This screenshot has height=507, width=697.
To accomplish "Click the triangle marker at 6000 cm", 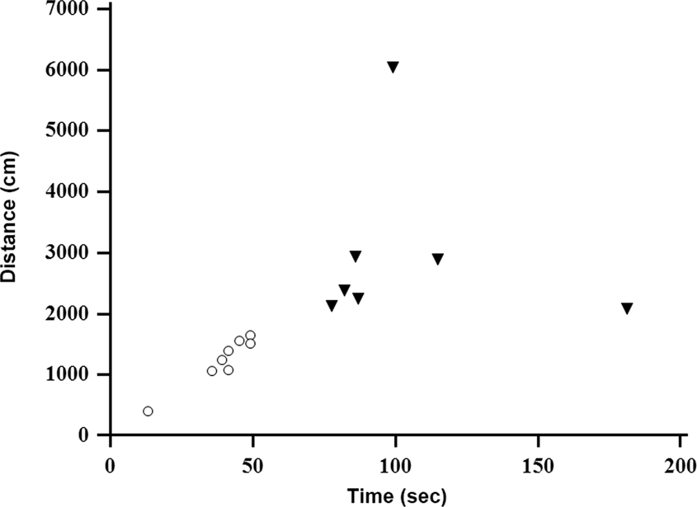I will tap(393, 67).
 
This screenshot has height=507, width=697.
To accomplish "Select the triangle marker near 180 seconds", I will tap(627, 308).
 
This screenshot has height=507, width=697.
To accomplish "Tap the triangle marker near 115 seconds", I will tap(438, 259).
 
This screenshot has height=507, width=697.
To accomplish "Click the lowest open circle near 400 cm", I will tap(148, 411).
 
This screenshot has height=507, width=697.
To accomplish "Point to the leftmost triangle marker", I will tap(332, 306).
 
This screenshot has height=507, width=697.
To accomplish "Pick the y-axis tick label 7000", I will tap(70, 8).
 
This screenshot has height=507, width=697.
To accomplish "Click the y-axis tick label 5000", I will tap(70, 130).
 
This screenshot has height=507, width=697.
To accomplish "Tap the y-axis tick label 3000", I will tap(70, 252).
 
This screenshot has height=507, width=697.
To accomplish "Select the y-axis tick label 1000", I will tap(70, 374).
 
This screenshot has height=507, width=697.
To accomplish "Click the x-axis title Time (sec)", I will tap(396, 495).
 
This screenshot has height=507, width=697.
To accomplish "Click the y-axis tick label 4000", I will tap(70, 191).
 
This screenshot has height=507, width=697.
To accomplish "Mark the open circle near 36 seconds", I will tap(212, 371).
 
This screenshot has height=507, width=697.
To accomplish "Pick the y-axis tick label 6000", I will tap(70, 69).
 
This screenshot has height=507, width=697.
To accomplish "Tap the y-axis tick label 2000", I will tap(70, 313).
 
